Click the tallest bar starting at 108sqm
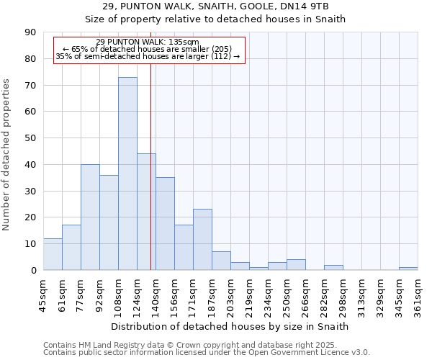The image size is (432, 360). [127, 174]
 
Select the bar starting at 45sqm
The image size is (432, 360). [53, 254]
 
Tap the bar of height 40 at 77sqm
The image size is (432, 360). [90, 217]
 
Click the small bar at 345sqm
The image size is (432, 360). [408, 269]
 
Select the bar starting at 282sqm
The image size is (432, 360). [333, 267]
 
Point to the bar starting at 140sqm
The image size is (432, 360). [165, 224]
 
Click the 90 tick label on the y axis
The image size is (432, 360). [30, 32]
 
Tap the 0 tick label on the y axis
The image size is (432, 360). [33, 270]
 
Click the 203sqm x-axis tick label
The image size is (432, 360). [231, 294]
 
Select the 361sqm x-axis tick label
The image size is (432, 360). [418, 294]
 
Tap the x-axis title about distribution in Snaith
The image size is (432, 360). [230, 326]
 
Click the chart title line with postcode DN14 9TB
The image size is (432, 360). [215, 6]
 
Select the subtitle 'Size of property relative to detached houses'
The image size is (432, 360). [215, 19]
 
